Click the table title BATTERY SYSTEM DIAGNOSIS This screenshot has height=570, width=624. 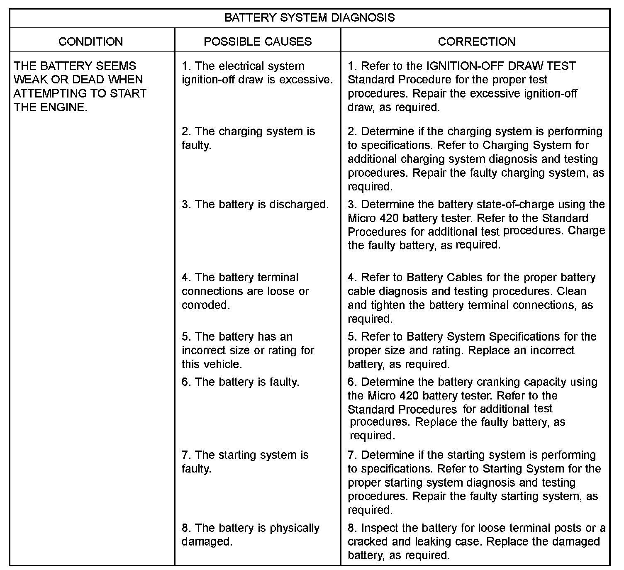310,18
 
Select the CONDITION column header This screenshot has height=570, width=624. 91,41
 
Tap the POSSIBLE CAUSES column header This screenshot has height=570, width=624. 258,41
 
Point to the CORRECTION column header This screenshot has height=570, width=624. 476,41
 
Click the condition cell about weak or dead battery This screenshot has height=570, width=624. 80,86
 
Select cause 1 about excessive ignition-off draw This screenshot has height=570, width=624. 257,73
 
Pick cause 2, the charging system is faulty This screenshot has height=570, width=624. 248,138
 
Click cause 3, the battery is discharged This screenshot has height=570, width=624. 255,205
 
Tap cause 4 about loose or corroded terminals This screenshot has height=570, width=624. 245,291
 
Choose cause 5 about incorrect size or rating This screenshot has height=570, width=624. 248,350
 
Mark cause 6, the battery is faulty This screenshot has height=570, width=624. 240,382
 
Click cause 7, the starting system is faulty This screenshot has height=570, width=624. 245,462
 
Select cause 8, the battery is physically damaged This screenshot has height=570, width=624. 251,535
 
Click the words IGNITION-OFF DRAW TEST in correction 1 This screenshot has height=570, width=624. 501,66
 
